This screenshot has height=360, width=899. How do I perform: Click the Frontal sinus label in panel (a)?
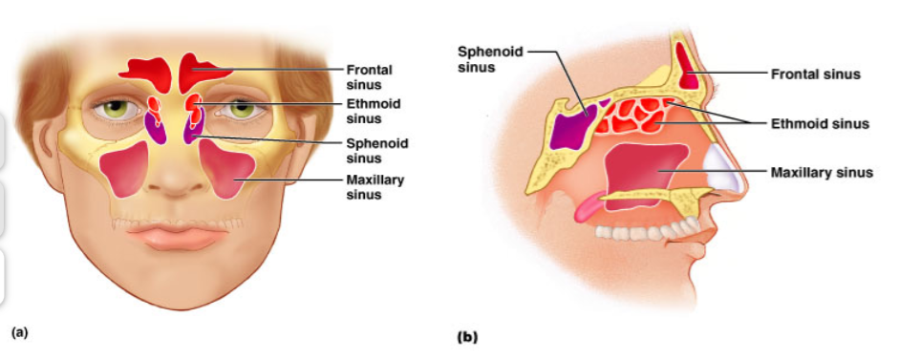369,77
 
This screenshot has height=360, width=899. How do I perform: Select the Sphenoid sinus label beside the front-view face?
377,150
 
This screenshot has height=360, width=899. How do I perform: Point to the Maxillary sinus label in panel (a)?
375,187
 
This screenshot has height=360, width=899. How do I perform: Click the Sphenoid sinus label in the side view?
490,59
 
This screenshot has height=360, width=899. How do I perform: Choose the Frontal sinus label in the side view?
815,74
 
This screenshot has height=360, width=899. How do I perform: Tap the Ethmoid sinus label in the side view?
820,123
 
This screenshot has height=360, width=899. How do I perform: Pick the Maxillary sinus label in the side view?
822,172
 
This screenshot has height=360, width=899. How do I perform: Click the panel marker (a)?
19,332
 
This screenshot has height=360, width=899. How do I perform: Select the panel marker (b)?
467,337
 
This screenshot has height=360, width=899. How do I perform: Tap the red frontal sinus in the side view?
689,65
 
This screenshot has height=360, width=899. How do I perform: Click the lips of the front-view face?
178,236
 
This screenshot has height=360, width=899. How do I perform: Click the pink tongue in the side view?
589,207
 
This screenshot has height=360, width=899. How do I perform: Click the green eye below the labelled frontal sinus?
242,108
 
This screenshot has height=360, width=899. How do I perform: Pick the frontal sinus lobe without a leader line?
147,74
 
